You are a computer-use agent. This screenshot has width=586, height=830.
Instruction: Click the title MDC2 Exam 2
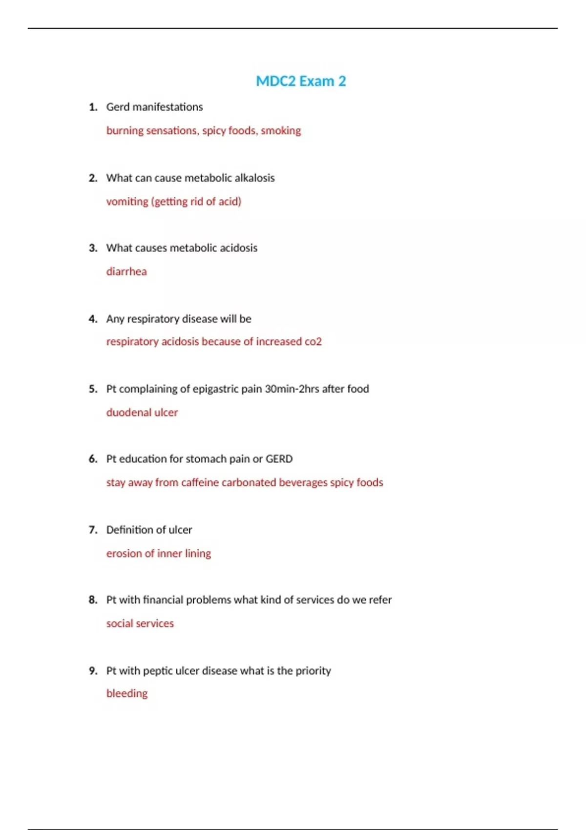301,81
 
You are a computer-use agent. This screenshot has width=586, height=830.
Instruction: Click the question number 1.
93,107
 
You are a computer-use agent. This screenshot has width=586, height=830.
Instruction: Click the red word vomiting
127,202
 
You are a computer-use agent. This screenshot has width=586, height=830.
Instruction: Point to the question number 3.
93,248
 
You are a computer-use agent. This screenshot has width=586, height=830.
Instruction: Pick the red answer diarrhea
126,271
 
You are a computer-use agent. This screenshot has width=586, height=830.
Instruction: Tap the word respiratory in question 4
153,319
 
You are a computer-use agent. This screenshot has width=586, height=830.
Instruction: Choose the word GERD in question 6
279,459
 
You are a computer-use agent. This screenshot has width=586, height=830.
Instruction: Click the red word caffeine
200,482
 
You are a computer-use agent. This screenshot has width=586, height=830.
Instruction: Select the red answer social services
140,623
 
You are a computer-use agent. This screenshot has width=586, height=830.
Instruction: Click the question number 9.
93,671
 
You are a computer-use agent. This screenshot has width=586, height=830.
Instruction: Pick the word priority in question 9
313,671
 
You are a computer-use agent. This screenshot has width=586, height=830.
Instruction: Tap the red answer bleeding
127,693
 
